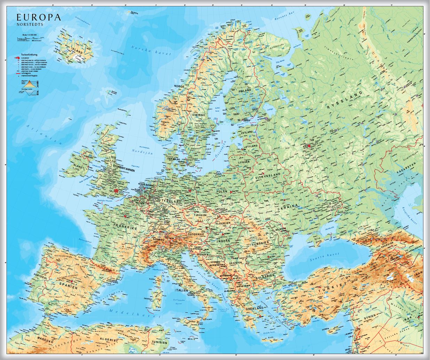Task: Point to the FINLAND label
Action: coord(244,91)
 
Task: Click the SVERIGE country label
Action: coord(200,115)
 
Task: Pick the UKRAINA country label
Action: coord(288,207)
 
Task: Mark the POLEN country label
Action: coord(221,191)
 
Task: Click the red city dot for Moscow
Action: coord(309,146)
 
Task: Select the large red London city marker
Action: coord(116,191)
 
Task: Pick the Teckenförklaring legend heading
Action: coord(29,55)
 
